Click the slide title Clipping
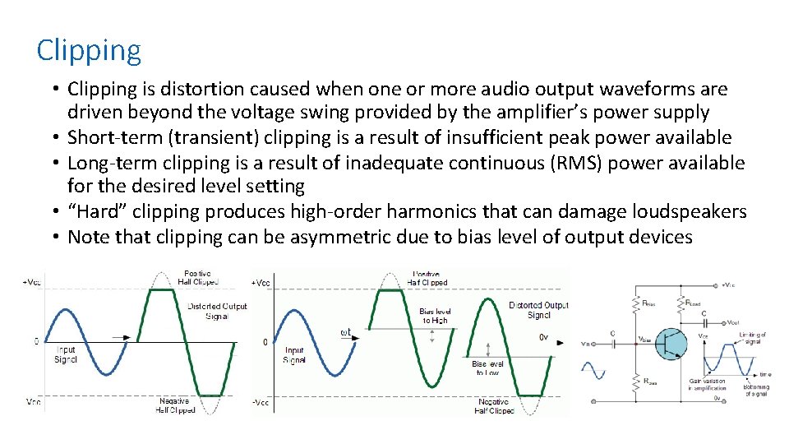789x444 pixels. pos(89,51)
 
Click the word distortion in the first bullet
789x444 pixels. pos(201,89)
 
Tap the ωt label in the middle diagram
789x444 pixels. pos(345,332)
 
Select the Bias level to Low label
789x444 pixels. pos(488,368)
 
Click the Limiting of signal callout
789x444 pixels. pos(754,338)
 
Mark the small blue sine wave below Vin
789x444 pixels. pos(593,372)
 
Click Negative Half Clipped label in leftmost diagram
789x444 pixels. pos(176,405)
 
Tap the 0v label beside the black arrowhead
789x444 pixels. pos(543,337)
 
